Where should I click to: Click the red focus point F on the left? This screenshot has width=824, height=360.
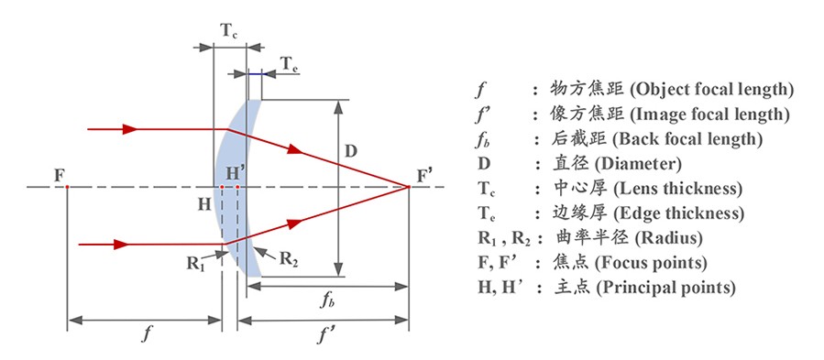pos(68,188)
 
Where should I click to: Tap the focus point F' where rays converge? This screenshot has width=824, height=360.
pos(409,188)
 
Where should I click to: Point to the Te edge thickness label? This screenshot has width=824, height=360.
pos(289,65)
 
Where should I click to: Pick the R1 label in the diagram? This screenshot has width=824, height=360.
pos(195,264)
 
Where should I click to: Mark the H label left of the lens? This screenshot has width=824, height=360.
pos(203,204)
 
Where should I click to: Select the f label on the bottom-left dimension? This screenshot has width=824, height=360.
pos(146,333)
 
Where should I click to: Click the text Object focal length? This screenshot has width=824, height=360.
pos(709,90)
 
